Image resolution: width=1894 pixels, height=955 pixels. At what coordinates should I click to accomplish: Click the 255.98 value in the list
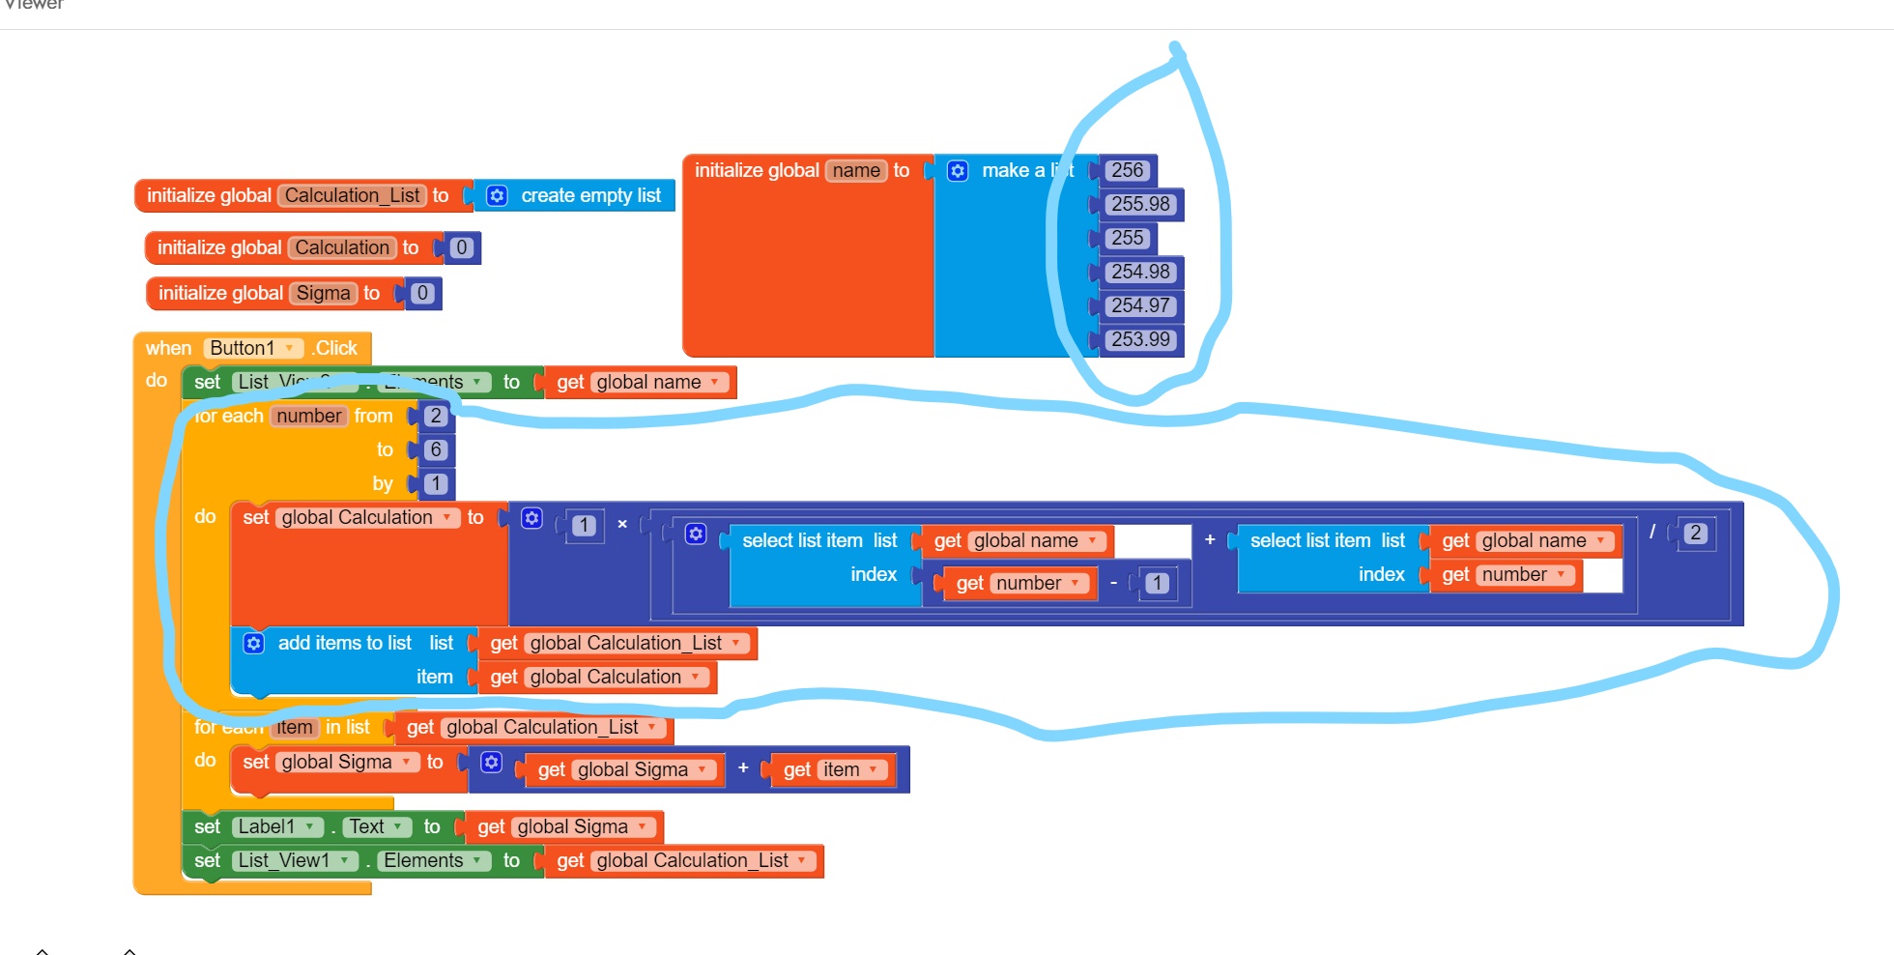point(1140,204)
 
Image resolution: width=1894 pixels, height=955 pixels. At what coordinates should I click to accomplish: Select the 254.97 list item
point(1140,305)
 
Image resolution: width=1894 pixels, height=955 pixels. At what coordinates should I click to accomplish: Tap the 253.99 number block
point(1140,339)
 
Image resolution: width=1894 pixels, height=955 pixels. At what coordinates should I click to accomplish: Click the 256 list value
point(1127,170)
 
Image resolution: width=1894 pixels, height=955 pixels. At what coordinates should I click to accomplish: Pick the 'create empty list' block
point(590,195)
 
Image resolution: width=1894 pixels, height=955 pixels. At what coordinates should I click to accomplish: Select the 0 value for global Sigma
point(422,293)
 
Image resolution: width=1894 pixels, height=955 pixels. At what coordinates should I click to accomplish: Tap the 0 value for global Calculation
point(462,247)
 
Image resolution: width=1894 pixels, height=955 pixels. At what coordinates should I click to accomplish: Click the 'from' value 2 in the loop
point(436,416)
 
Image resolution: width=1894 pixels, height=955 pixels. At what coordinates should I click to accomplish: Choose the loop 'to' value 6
point(436,449)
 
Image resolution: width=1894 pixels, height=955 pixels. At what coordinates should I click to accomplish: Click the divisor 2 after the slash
point(1695,533)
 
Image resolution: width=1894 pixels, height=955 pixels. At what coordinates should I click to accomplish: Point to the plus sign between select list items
point(1210,539)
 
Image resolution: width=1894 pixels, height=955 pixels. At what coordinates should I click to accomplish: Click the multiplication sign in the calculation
point(622,524)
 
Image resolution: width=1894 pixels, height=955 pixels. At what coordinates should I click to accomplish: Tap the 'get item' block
point(833,769)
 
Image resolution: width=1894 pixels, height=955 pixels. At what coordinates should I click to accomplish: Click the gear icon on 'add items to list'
point(254,643)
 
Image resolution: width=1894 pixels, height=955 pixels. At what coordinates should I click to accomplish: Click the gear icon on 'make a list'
point(958,171)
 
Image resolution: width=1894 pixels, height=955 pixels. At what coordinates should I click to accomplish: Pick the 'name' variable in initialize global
point(856,170)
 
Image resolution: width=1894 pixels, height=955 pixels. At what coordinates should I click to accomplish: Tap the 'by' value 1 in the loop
point(436,483)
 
